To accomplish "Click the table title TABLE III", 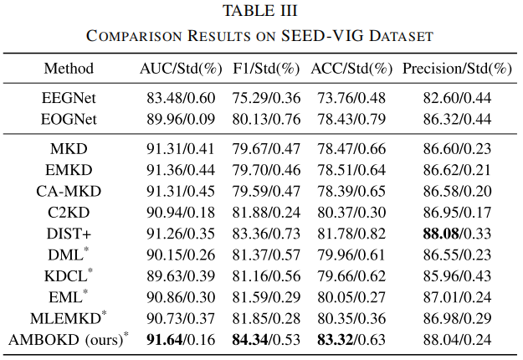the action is point(260,10).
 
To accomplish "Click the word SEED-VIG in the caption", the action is point(322,36).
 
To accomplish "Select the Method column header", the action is point(69,69).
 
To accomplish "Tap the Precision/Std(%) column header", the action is point(457,69).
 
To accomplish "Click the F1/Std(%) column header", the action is point(266,69).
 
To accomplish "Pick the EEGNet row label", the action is point(69,98).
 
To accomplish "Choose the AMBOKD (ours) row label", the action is point(69,339).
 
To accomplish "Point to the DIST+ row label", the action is point(69,234).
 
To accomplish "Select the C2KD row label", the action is point(69,212).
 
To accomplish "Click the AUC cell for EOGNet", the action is point(181,120).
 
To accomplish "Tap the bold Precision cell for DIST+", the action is point(457,234).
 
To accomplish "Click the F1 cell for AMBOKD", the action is point(266,340).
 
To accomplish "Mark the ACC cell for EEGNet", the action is point(351,98).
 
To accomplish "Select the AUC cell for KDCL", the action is point(181,276).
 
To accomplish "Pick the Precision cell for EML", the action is point(457,297).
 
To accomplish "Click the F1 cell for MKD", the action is point(266,149).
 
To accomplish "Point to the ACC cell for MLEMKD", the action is point(351,318).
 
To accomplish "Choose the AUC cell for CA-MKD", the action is point(181,191).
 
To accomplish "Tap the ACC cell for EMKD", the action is point(351,170).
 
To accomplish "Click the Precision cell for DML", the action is point(457,255).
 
